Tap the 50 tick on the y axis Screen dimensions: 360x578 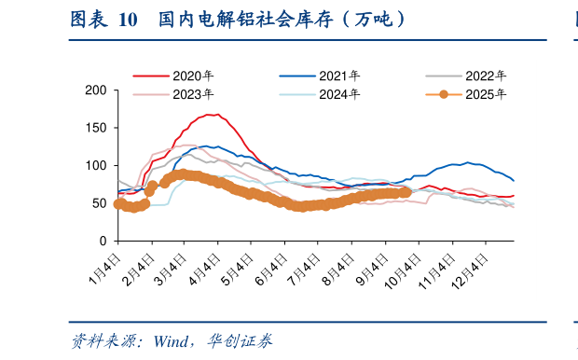coord(98,203)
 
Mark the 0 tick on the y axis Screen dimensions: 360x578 coord(102,242)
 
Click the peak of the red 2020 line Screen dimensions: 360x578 coord(213,115)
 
